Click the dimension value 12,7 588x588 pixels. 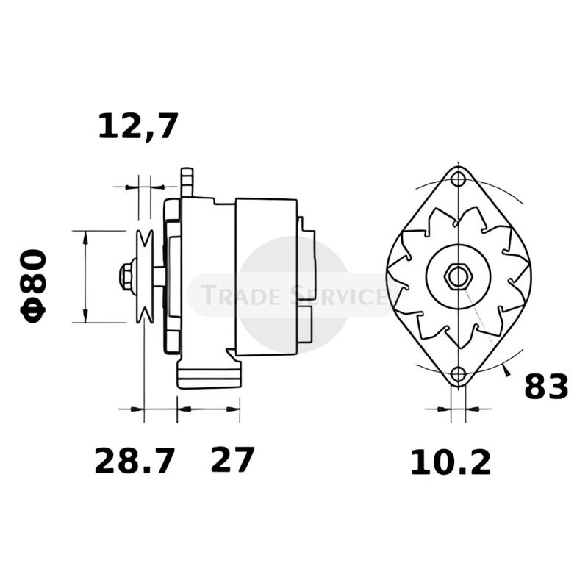(x=138, y=126)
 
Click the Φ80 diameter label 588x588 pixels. (x=35, y=284)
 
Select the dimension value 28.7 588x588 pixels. (x=135, y=462)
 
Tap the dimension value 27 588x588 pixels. (x=232, y=461)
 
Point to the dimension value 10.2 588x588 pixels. (x=450, y=462)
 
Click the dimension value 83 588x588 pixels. (x=546, y=387)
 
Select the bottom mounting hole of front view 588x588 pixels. (x=459, y=374)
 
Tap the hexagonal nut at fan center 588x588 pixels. (x=458, y=276)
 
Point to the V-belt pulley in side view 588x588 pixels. (x=146, y=276)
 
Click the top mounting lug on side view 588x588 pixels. (x=187, y=181)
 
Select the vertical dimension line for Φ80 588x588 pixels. (x=85, y=276)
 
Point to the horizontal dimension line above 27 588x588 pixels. (x=209, y=408)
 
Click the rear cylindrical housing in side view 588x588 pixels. (x=266, y=276)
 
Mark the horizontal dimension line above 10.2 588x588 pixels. (x=459, y=408)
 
